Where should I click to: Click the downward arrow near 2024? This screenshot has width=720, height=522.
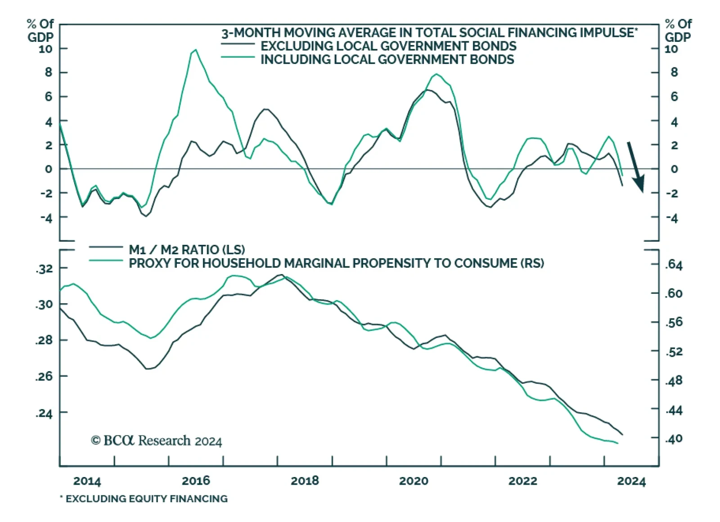coord(636,167)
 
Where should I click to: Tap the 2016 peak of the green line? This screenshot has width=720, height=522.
coord(195,50)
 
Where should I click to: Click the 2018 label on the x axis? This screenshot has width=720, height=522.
coord(305,481)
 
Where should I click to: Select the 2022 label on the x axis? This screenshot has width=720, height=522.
coord(522,481)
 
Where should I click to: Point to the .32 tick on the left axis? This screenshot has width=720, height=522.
coord(44,269)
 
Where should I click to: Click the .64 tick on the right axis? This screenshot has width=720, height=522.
coord(674,265)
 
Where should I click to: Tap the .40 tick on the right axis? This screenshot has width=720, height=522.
coord(674,438)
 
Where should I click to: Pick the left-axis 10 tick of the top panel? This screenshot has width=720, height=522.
coord(45,49)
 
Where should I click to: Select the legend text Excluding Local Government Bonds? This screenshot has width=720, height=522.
coord(388,46)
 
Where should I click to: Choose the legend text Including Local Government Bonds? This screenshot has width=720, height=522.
coord(387,59)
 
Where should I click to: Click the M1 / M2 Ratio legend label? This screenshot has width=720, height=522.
coord(187,250)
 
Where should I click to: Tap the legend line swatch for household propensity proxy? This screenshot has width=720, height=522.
coord(106,261)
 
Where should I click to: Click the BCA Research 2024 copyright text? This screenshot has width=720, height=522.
coord(157,441)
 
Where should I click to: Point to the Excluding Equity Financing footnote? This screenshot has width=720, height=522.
coord(144,499)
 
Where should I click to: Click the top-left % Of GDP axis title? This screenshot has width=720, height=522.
coord(40,30)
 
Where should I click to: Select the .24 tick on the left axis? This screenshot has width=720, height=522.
coord(44,413)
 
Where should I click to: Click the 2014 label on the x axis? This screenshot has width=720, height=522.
coord(87,481)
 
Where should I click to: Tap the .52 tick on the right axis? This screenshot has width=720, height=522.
coord(674,351)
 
